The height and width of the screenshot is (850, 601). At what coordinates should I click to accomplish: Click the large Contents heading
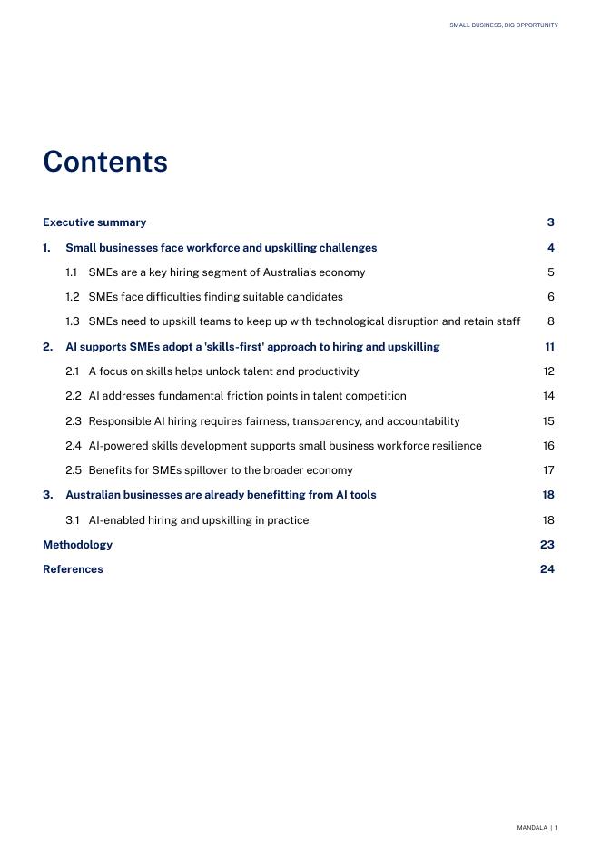pos(105,162)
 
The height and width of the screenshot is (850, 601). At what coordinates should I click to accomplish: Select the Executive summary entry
pos(94,222)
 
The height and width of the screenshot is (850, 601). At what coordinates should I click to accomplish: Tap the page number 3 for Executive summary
pos(550,222)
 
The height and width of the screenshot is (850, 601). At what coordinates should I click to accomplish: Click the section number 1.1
pos(72,272)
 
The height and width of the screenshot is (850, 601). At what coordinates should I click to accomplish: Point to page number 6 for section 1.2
pos(550,297)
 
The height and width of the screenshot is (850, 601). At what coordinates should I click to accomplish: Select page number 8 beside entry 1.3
pos(550,321)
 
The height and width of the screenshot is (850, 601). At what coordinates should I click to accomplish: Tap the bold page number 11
pos(549,347)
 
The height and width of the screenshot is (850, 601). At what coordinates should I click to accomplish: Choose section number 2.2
pos(73,396)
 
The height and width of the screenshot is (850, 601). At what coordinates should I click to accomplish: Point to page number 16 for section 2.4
pos(548,446)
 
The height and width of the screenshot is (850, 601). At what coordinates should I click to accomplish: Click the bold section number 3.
pos(47,495)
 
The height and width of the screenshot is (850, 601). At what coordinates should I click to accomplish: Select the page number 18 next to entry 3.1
pos(548,520)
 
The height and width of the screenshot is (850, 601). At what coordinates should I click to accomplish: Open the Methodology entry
pos(78,545)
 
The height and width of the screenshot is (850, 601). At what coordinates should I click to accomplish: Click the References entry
pos(73,569)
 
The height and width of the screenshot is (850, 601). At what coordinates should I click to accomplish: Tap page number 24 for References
pos(547,569)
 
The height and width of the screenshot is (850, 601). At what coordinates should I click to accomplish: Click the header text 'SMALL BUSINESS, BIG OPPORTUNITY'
pos(503,25)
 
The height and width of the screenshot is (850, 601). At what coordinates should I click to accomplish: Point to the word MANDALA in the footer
pos(532,828)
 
